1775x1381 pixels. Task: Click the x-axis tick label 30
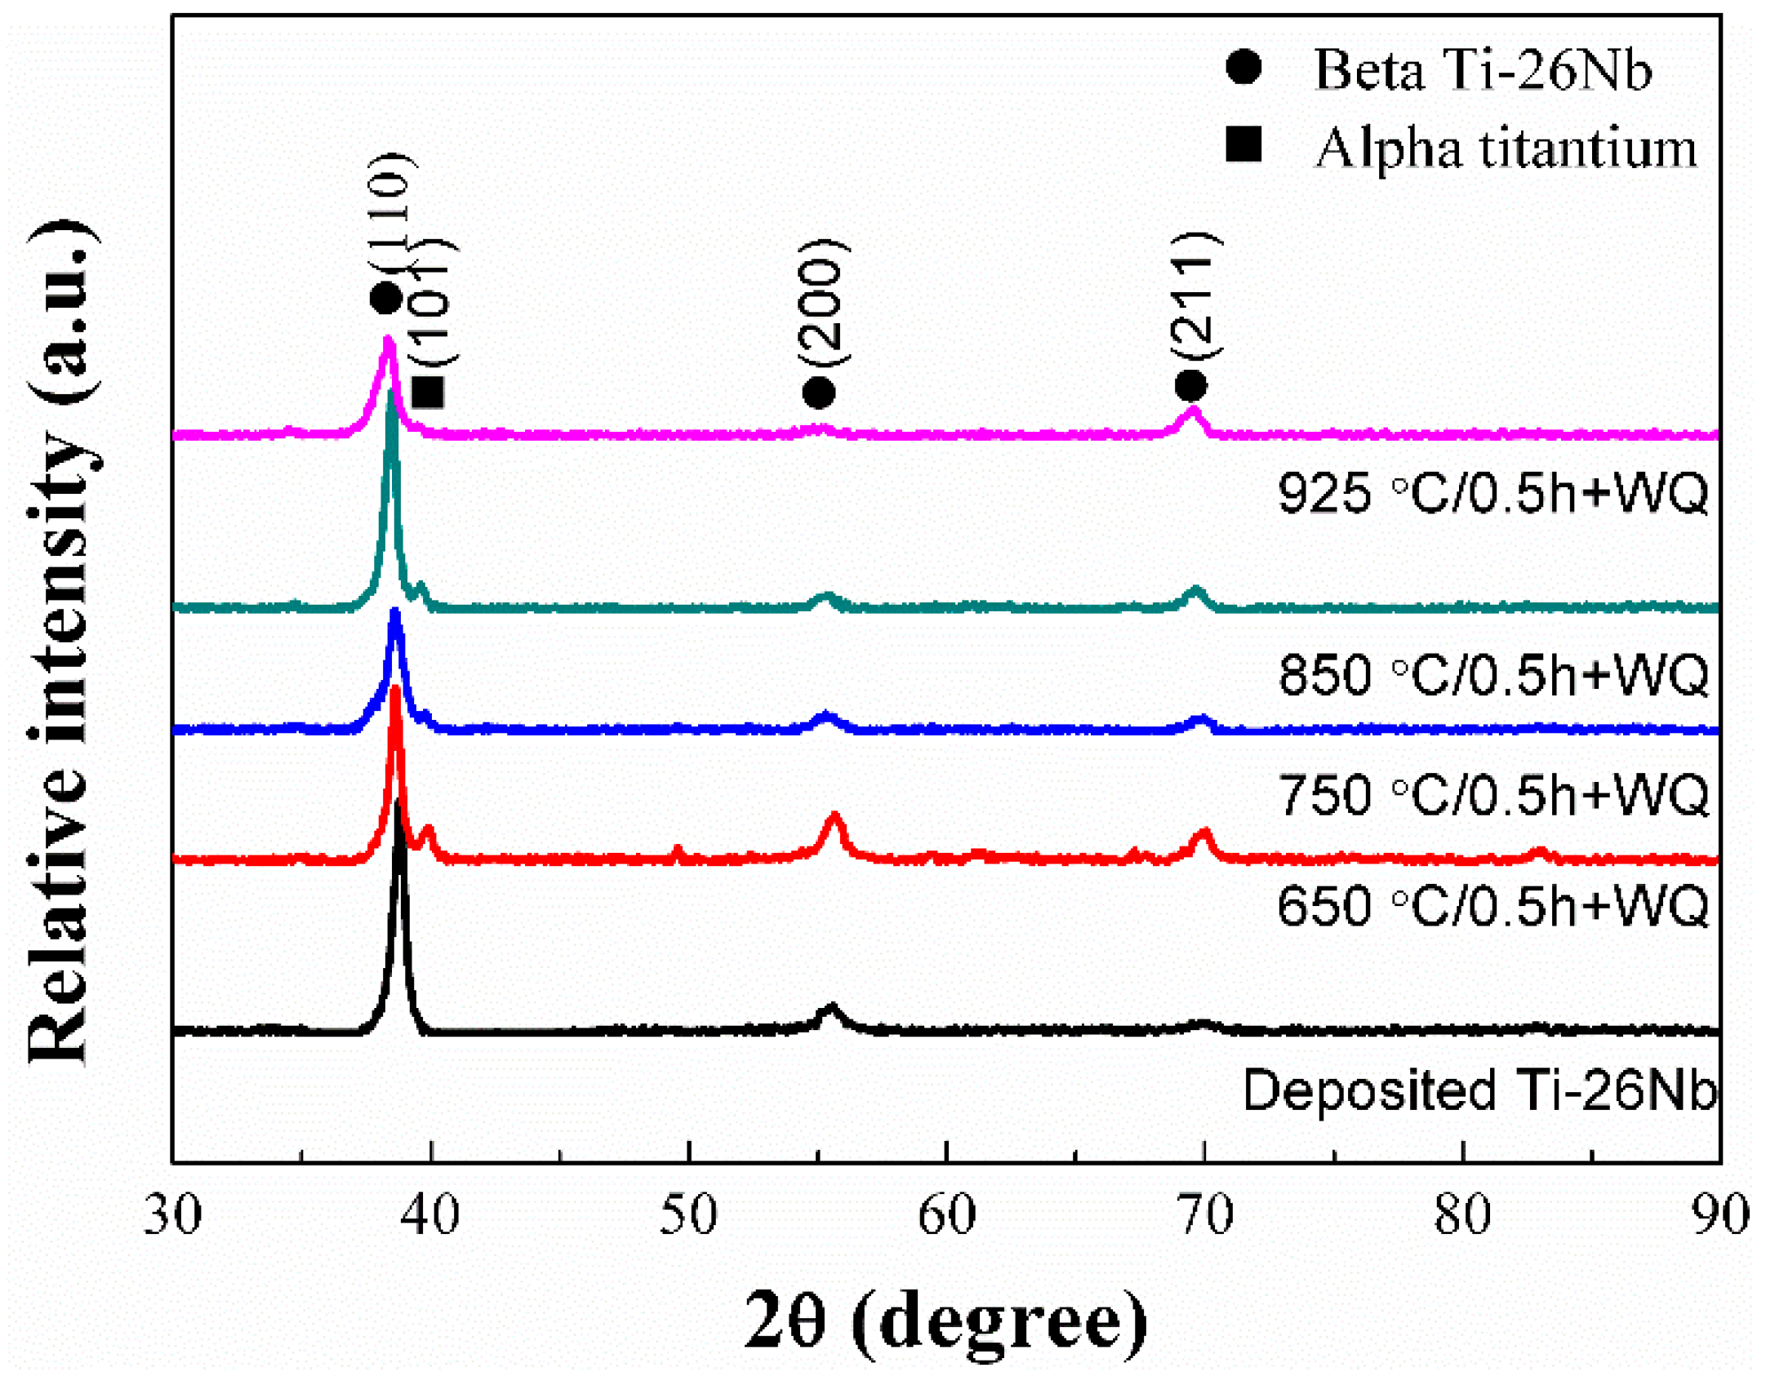pyautogui.click(x=172, y=1214)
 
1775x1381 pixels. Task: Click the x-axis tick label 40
pyautogui.click(x=430, y=1214)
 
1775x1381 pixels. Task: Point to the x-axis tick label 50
pyautogui.click(x=688, y=1214)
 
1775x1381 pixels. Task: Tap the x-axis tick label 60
pyautogui.click(x=946, y=1214)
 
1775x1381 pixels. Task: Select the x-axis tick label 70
pyautogui.click(x=1204, y=1214)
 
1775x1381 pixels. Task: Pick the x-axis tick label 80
pyautogui.click(x=1462, y=1214)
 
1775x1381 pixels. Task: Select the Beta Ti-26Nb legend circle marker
pyautogui.click(x=1243, y=67)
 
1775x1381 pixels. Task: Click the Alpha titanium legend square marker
pyautogui.click(x=1243, y=144)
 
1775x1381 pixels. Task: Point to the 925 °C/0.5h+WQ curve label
pyautogui.click(x=1493, y=493)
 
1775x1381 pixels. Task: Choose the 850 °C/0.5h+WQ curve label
pyautogui.click(x=1493, y=675)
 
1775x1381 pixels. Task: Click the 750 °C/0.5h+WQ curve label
pyautogui.click(x=1493, y=795)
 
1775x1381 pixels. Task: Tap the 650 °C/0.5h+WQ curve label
pyautogui.click(x=1493, y=906)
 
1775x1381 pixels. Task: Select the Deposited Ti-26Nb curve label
pyautogui.click(x=1479, y=1090)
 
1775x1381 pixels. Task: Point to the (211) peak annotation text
pyautogui.click(x=1197, y=295)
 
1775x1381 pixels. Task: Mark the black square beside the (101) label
pyautogui.click(x=429, y=393)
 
